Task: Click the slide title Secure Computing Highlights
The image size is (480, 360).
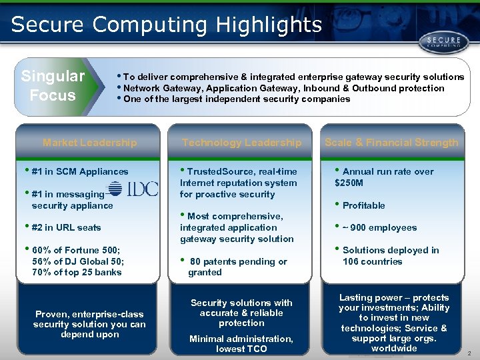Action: tap(167, 25)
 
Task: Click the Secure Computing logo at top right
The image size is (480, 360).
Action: tap(439, 43)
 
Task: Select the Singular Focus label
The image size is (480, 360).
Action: tap(53, 86)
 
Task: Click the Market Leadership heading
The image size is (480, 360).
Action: tap(89, 142)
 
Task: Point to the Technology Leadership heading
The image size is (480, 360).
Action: tap(241, 142)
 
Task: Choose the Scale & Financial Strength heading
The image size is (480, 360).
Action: tap(391, 142)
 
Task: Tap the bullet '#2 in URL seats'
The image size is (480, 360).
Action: tap(65, 227)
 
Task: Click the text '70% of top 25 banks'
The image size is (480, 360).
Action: tap(76, 272)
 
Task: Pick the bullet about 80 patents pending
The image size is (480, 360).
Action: tap(237, 267)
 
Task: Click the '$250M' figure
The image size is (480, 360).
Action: tap(348, 183)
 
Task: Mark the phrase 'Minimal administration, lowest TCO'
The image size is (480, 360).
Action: tap(241, 344)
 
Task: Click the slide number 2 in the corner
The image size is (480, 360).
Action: tap(469, 353)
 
